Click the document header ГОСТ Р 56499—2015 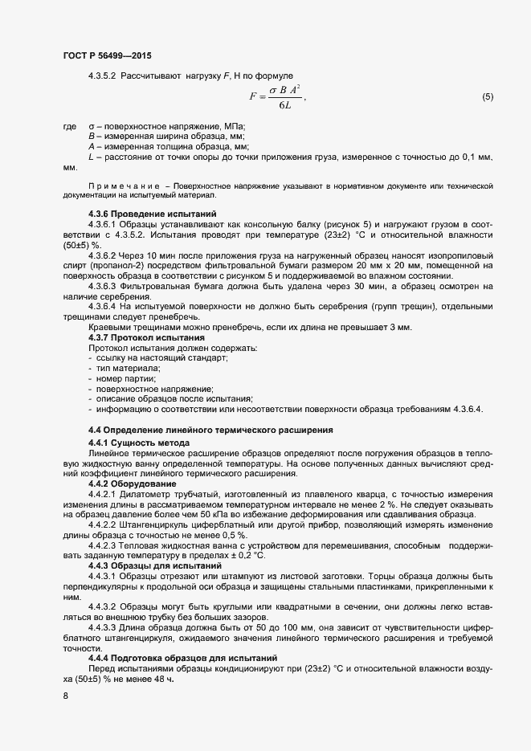pyautogui.click(x=106, y=55)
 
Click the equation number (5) pyautogui.click(x=487, y=97)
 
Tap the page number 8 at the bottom pyautogui.click(x=65, y=696)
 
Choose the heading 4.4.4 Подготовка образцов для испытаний pyautogui.click(x=182, y=658)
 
